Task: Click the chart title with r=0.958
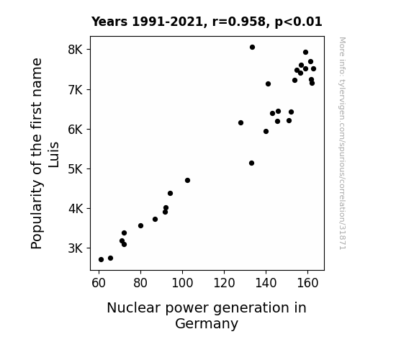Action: [207, 22]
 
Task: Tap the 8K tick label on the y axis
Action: [76, 50]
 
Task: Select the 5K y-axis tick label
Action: [76, 169]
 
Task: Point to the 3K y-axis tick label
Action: [76, 248]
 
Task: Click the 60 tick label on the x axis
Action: [99, 283]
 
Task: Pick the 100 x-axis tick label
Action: [182, 283]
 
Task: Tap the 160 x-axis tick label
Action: [307, 283]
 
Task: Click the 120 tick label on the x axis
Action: [224, 283]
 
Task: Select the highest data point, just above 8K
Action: [252, 48]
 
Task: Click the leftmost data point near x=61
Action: [101, 260]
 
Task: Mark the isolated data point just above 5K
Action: [251, 163]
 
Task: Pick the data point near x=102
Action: [187, 181]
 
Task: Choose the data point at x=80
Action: [140, 226]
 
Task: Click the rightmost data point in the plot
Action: [313, 69]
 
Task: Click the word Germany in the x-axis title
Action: [207, 324]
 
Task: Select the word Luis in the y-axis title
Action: [53, 155]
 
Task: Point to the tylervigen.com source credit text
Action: [343, 143]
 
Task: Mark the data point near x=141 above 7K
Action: [268, 84]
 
